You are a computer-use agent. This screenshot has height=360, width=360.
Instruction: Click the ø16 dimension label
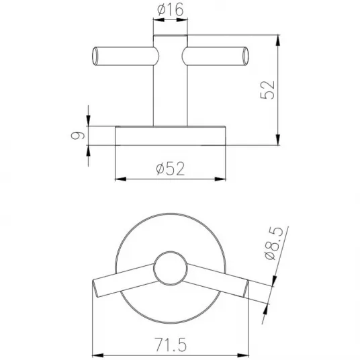click(171, 10)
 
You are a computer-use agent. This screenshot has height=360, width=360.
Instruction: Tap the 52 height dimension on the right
click(268, 90)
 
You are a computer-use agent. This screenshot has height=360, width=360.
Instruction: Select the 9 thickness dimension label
click(78, 136)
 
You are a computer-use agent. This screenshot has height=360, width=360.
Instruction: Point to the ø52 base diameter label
click(171, 169)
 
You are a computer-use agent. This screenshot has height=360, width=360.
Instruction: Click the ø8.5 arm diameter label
click(274, 243)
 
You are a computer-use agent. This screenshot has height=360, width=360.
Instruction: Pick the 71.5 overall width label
click(171, 345)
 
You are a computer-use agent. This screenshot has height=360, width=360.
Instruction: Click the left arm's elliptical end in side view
click(95, 56)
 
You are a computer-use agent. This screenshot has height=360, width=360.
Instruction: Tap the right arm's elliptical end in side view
click(245, 56)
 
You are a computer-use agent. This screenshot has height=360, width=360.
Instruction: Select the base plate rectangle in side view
click(170, 136)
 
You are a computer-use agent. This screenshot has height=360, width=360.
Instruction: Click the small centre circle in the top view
click(171, 269)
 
